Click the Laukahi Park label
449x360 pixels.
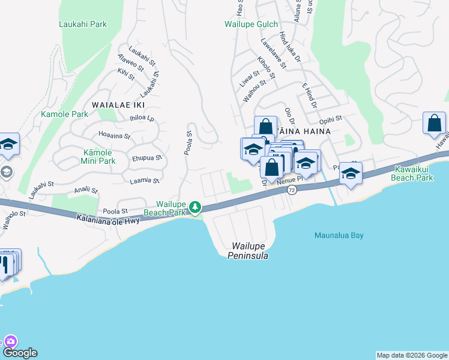tap(83, 25)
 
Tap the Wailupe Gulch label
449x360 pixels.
tap(251, 25)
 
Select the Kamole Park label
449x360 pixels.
tap(64, 114)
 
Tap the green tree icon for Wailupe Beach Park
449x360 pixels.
tap(195, 208)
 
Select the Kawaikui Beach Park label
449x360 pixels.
tap(412, 174)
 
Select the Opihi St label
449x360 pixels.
tap(330, 119)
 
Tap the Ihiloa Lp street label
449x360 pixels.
tap(142, 118)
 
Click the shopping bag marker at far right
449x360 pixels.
tap(434, 124)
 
